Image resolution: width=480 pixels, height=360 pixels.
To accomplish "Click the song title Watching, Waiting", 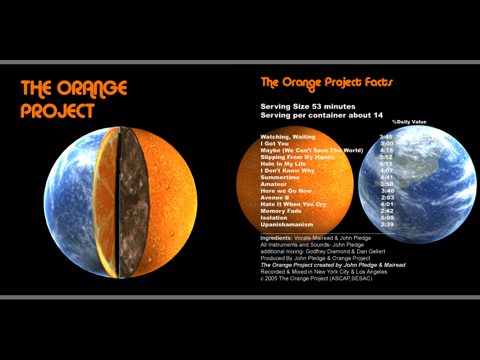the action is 288,137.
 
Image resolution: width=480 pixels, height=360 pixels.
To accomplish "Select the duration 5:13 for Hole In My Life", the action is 386,164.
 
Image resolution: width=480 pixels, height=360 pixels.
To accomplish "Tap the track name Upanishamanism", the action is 287,224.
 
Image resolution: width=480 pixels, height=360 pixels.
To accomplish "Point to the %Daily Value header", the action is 409,122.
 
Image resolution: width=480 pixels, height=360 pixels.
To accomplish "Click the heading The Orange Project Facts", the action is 326,83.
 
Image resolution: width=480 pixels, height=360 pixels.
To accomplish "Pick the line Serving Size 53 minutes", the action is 308,107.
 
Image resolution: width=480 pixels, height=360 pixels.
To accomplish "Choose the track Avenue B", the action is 275,197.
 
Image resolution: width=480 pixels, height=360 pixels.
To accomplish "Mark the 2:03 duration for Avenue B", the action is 387,197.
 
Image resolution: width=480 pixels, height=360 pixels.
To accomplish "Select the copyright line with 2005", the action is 316,278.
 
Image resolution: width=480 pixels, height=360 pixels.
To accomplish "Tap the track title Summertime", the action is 280,177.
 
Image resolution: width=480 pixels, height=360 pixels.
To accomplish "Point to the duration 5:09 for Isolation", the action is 387,218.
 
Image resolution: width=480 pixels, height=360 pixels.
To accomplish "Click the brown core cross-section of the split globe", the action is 133,202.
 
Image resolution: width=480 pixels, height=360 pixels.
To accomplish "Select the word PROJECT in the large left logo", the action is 58,111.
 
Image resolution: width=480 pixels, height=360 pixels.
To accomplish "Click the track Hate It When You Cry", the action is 293,204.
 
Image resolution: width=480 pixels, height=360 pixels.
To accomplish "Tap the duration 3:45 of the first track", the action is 386,137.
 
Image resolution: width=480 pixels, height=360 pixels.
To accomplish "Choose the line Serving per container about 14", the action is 322,115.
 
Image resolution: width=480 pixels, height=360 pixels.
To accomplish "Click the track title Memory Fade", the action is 281,211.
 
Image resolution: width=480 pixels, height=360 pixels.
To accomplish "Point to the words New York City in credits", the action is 332,272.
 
